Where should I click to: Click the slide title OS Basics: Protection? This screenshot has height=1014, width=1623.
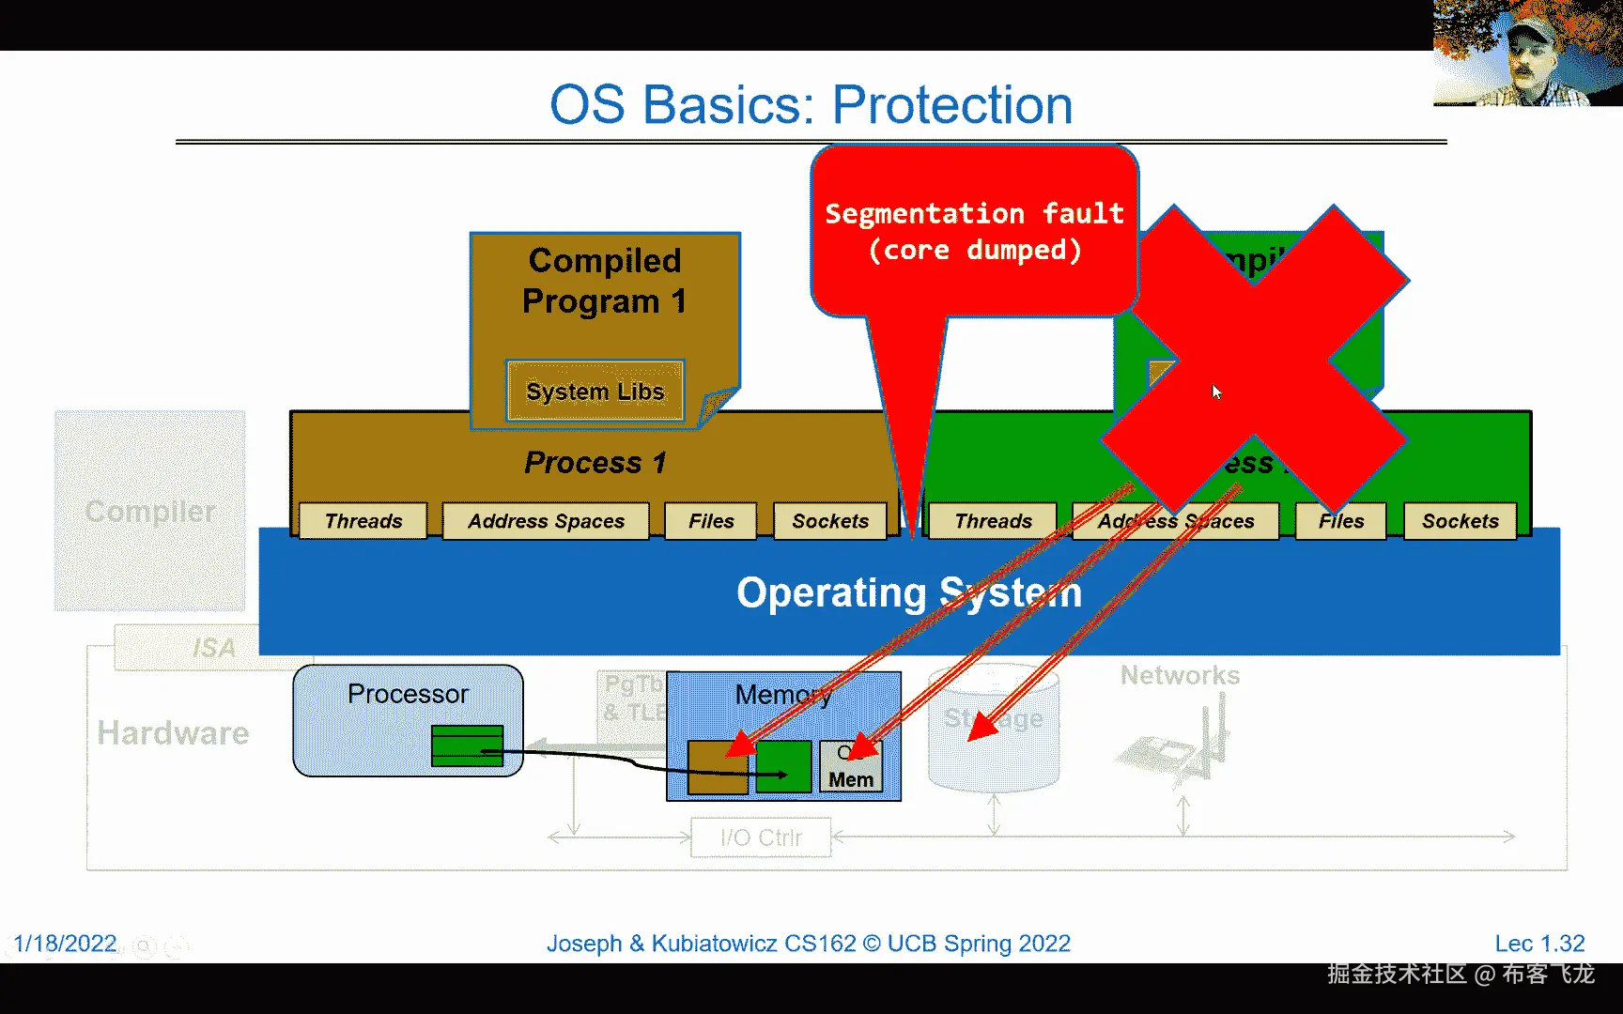pyautogui.click(x=811, y=104)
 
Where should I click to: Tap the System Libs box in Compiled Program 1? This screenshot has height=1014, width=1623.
pyautogui.click(x=595, y=391)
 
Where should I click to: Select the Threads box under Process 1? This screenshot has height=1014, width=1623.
pyautogui.click(x=363, y=521)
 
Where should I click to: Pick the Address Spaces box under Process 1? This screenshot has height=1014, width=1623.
pyautogui.click(x=546, y=521)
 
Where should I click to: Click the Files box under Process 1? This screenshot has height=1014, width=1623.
pyautogui.click(x=711, y=521)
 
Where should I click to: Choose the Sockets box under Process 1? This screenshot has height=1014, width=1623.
pyautogui.click(x=830, y=521)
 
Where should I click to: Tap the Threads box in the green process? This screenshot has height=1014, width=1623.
pyautogui.click(x=993, y=521)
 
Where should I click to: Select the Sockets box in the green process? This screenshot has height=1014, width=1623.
pyautogui.click(x=1460, y=521)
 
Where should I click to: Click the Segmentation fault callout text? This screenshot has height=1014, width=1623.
pyautogui.click(x=974, y=231)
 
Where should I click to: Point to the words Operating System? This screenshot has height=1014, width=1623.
pyautogui.click(x=908, y=592)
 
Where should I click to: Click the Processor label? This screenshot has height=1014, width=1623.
pyautogui.click(x=408, y=694)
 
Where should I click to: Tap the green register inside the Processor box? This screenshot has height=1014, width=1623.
pyautogui.click(x=467, y=745)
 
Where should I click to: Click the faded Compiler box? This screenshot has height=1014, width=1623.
pyautogui.click(x=150, y=511)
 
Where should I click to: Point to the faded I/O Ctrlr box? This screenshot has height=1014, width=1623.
pyautogui.click(x=761, y=837)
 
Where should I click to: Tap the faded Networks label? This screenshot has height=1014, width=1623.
pyautogui.click(x=1180, y=675)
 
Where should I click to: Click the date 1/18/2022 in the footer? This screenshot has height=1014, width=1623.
pyautogui.click(x=65, y=943)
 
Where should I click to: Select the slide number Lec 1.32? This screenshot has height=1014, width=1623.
pyautogui.click(x=1539, y=943)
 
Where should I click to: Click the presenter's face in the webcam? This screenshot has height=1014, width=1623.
pyautogui.click(x=1532, y=61)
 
